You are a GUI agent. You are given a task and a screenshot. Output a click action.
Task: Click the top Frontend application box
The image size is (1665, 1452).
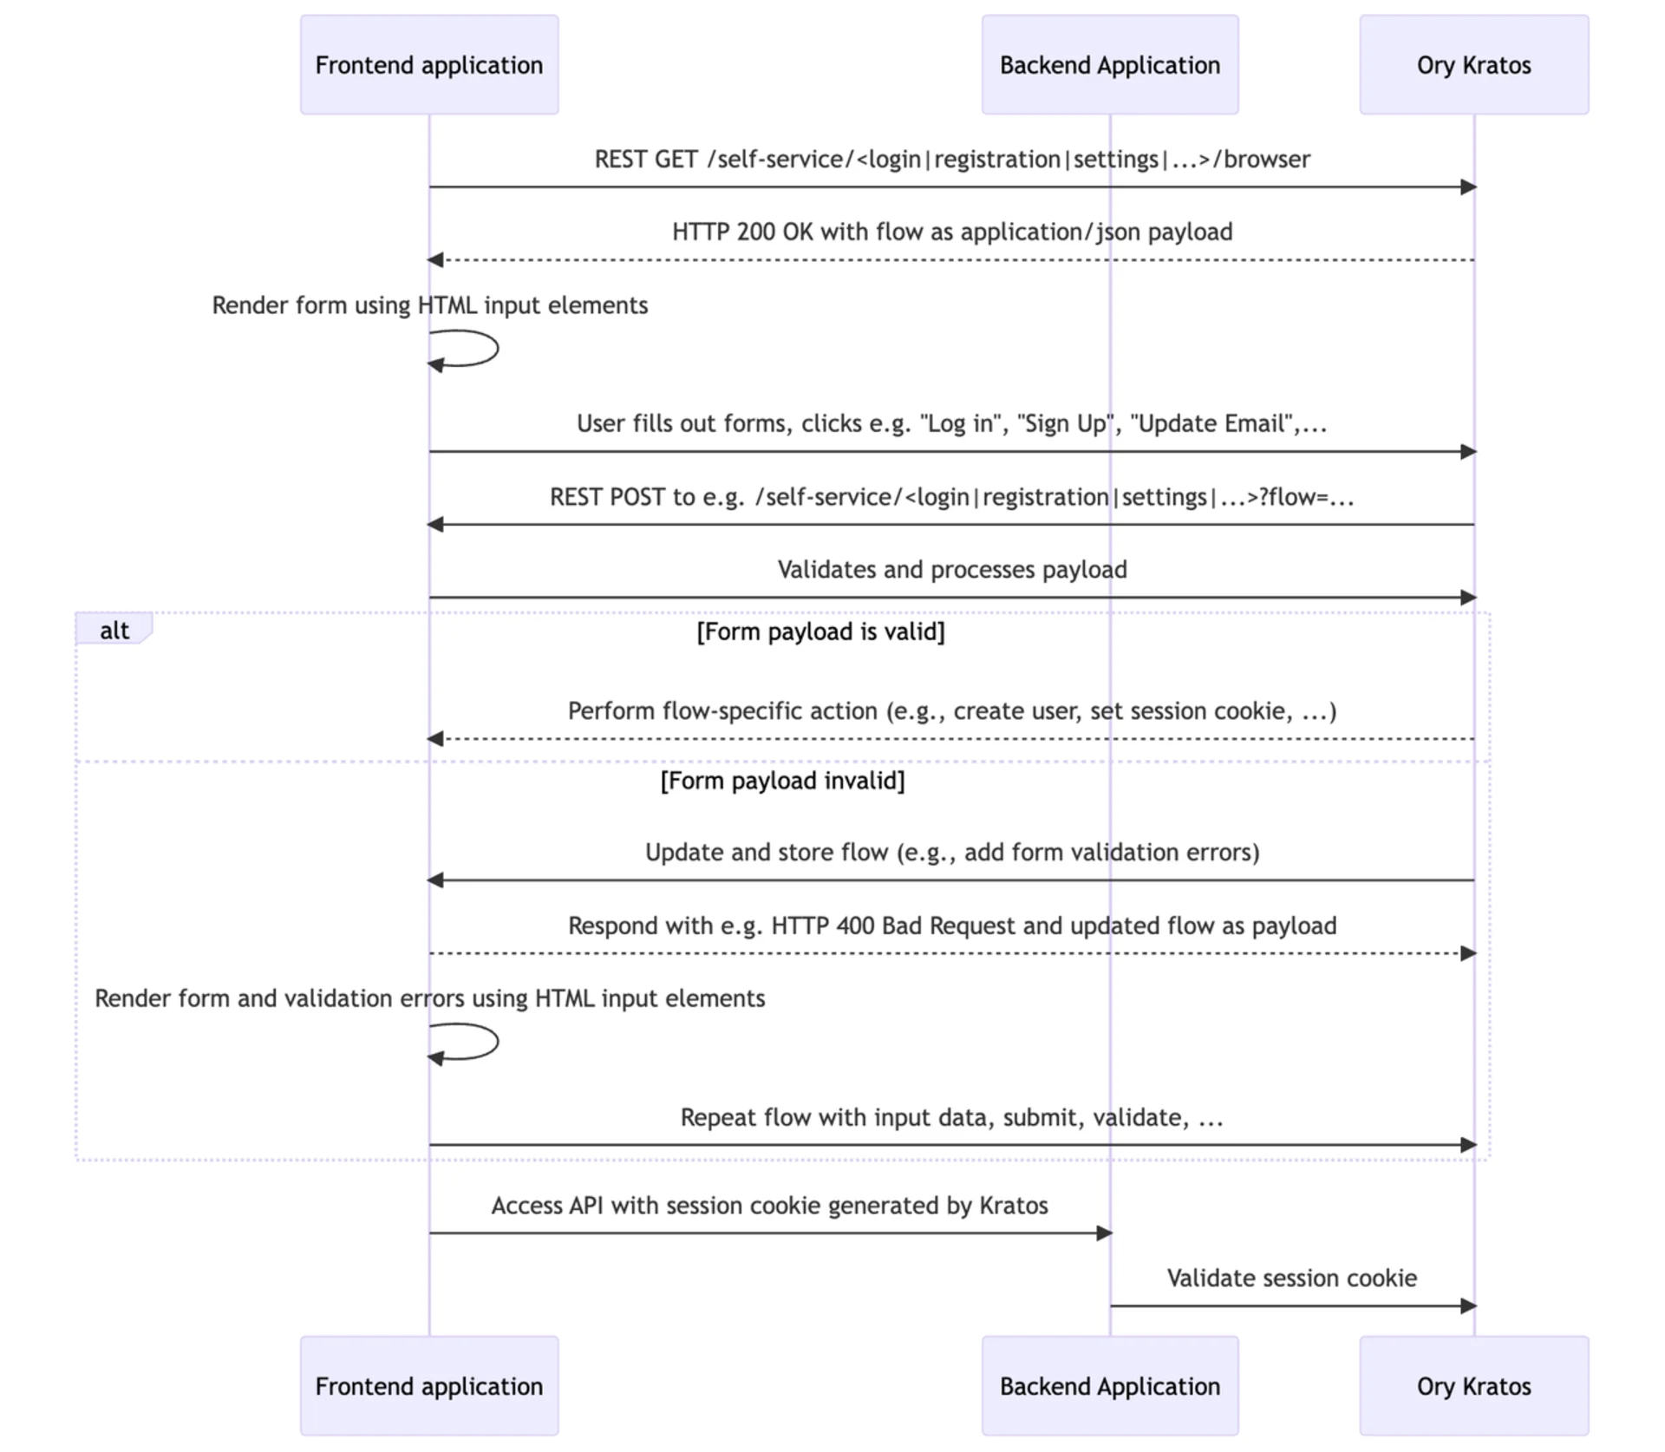[429, 65]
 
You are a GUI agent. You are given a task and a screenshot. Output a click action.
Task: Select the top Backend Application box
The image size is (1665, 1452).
[1109, 65]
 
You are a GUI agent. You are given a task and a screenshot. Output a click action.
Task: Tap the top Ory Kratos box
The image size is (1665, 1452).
[1473, 65]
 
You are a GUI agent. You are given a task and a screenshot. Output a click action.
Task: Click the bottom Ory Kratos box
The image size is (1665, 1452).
[1473, 1385]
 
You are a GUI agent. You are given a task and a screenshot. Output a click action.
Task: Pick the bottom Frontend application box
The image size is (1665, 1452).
[429, 1385]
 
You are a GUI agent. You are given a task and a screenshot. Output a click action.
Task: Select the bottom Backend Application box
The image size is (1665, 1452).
[1109, 1385]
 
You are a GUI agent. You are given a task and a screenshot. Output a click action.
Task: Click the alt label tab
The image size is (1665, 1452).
[114, 630]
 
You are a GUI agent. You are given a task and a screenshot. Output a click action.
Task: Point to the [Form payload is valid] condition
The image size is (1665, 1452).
[820, 631]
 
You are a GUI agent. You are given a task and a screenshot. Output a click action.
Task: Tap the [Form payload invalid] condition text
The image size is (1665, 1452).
[782, 781]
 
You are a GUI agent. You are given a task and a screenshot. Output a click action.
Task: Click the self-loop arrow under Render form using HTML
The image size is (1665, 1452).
[477, 350]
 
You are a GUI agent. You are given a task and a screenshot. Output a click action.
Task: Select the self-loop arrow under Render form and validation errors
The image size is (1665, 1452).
[477, 1042]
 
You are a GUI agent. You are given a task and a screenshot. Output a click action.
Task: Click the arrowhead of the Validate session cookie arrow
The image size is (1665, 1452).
[1468, 1305]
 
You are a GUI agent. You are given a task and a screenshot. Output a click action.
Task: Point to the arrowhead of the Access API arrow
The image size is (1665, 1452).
[1104, 1233]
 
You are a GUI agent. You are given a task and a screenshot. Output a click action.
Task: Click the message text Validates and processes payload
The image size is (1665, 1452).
[952, 570]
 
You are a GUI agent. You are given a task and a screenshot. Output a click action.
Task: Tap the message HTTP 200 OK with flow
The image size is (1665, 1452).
[952, 232]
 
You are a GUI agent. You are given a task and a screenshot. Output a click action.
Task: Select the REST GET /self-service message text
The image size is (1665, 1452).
[952, 160]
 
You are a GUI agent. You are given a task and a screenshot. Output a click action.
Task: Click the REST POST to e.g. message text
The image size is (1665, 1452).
[952, 497]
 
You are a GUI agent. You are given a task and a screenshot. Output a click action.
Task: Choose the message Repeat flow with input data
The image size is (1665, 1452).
[952, 1117]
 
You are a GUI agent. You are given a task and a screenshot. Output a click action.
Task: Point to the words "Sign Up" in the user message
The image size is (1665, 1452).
[1068, 424]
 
